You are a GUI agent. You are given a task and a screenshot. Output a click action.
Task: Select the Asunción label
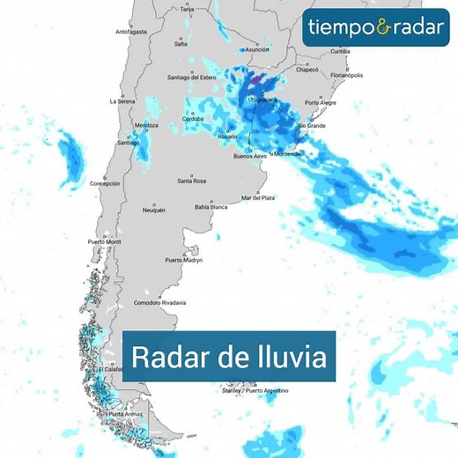pos(256,50)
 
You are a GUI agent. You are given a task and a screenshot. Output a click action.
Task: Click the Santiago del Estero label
pos(191,78)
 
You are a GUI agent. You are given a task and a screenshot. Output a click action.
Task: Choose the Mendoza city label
pos(146,125)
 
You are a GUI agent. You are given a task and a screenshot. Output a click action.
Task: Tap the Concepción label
pos(105,183)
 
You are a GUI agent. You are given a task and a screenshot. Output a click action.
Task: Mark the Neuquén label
pos(153,210)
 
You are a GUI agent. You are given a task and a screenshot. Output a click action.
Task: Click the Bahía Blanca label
pos(212,207)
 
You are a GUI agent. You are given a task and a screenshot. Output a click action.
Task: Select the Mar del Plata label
pos(258,198)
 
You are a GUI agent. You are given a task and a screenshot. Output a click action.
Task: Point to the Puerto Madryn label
pos(184,261)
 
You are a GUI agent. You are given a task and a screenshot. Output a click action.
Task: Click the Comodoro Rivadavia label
pos(159,303)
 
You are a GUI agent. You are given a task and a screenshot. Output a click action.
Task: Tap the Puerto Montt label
pos(103,242)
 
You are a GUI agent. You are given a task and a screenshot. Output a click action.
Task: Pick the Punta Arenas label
pos(125,414)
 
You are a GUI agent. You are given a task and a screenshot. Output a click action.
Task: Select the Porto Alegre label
pos(321,103)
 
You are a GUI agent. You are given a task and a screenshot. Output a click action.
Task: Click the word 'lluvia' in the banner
pos(288,358)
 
